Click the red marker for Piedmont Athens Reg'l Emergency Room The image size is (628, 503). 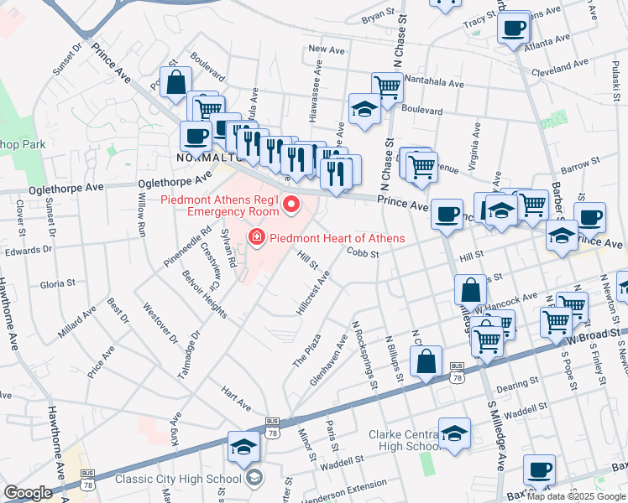[x=292, y=204]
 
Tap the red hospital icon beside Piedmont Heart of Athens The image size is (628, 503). [x=257, y=239]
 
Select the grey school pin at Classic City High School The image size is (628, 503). [x=254, y=479]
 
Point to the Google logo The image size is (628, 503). [x=28, y=493]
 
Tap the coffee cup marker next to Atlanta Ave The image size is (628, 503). [x=512, y=28]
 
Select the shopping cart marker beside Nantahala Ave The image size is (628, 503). [x=387, y=86]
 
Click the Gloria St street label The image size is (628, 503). [x=58, y=284]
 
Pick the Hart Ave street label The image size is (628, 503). [x=236, y=398]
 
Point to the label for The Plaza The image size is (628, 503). [x=306, y=349]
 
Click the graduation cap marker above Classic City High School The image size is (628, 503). [x=243, y=448]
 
